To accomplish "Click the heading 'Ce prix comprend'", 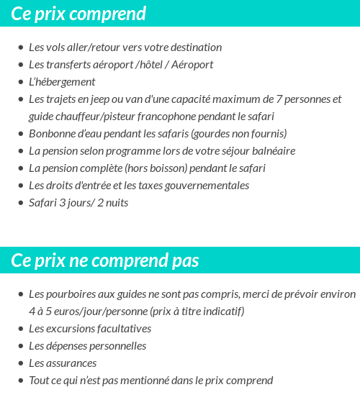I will [79, 14].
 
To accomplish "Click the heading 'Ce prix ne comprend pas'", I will [105, 260].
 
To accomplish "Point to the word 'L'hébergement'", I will [62, 82].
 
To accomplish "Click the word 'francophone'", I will [186, 117].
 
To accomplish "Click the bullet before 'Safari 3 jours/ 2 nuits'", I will [20, 203].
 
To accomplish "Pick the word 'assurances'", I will [71, 363].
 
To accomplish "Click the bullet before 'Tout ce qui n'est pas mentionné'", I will [20, 381].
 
